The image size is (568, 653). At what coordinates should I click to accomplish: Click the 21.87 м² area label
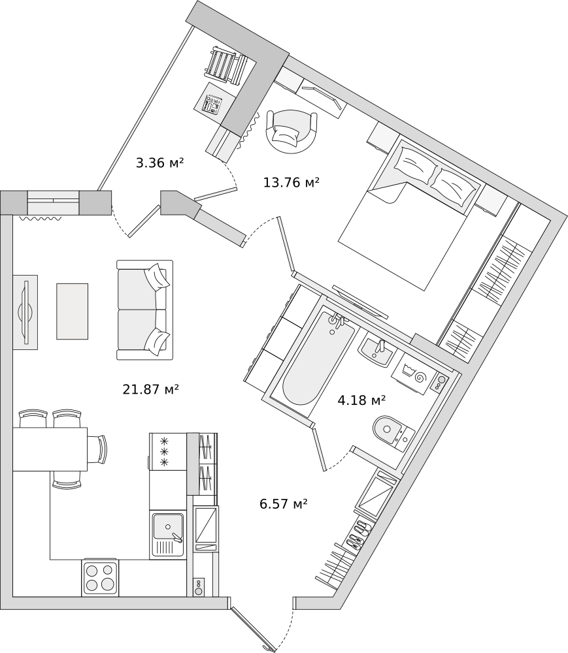click(151, 390)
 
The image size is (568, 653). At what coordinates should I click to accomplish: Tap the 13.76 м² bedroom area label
click(292, 182)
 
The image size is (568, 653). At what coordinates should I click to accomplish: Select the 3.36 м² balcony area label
click(160, 163)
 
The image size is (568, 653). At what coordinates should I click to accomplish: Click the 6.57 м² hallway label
click(284, 504)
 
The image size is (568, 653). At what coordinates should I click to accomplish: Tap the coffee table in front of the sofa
click(72, 311)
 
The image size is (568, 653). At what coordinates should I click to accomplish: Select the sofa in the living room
click(144, 310)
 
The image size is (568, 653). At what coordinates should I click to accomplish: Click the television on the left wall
click(27, 312)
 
